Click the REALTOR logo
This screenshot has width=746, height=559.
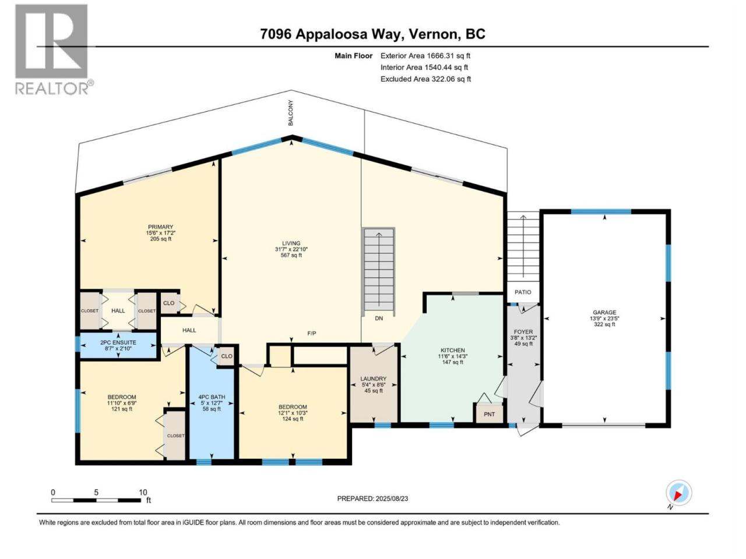pyautogui.click(x=54, y=49)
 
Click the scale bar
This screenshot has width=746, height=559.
pyautogui.click(x=96, y=500)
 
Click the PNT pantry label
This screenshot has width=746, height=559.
pyautogui.click(x=490, y=414)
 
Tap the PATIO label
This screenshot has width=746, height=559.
pyautogui.click(x=523, y=292)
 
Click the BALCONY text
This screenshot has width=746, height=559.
pyautogui.click(x=291, y=113)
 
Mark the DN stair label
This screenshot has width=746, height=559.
pyautogui.click(x=379, y=319)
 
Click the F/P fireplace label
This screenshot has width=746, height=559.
pyautogui.click(x=312, y=333)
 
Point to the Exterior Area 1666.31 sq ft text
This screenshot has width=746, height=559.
pyautogui.click(x=425, y=56)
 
